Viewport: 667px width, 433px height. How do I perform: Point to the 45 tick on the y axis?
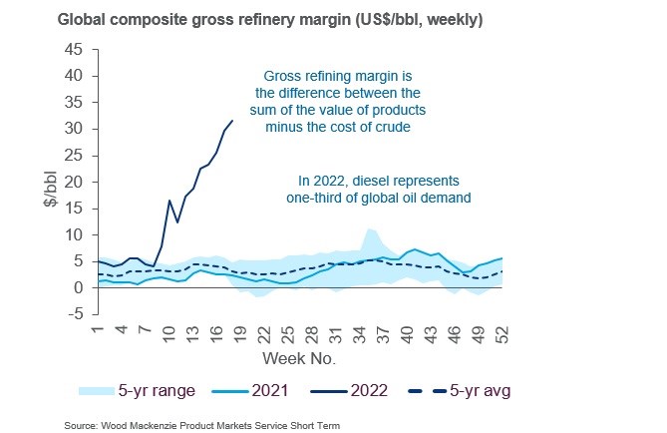(75, 49)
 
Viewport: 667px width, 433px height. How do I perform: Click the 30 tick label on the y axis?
(75, 129)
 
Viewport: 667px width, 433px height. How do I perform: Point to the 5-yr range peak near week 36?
(370, 229)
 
